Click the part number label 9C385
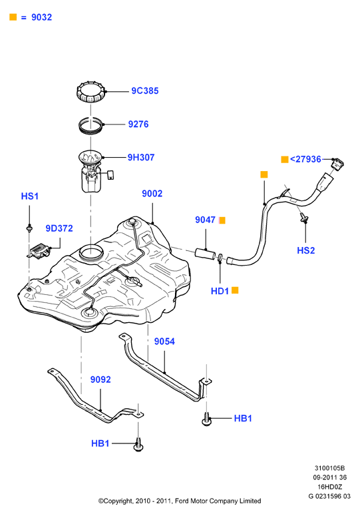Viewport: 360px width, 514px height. pos(145,91)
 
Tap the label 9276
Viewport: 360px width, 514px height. pos(138,125)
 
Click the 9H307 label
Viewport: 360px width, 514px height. pos(141,157)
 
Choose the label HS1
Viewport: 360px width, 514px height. pos(30,196)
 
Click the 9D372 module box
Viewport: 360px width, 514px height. pos(39,251)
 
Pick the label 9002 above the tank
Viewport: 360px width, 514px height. pos(152,193)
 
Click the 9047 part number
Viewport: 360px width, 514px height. pos(205,220)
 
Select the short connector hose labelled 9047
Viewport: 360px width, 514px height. pos(206,254)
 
